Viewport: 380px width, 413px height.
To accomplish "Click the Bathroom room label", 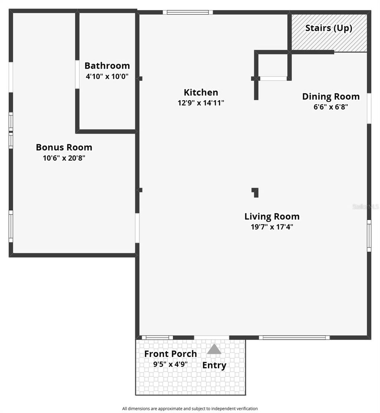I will click(x=107, y=66).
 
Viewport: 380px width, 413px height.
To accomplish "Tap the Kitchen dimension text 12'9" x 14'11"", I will click(x=201, y=103).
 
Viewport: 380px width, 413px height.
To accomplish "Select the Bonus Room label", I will click(x=64, y=147).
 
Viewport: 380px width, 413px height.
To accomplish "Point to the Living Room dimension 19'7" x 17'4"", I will click(x=272, y=227).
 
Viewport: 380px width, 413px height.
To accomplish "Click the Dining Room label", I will click(x=331, y=96).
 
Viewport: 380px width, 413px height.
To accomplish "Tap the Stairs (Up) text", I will click(x=328, y=28).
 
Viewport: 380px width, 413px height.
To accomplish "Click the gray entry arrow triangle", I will click(x=214, y=350).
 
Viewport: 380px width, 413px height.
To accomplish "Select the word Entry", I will click(x=214, y=365).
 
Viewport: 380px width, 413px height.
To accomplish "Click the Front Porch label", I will click(x=170, y=354).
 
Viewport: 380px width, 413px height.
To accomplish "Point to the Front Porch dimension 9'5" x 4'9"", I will click(x=170, y=364).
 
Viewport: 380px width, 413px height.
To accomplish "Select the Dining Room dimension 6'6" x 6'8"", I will click(x=331, y=107).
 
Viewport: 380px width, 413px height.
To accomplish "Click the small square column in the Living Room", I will click(x=255, y=192).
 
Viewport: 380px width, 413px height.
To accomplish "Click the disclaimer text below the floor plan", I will click(x=190, y=409).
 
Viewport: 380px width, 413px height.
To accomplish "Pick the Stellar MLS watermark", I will click(x=365, y=207).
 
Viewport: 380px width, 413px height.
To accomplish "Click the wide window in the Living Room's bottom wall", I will click(x=294, y=337).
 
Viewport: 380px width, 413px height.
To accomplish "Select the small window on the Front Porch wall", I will click(x=157, y=337).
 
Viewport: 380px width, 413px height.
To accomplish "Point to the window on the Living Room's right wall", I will click(x=369, y=236).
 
